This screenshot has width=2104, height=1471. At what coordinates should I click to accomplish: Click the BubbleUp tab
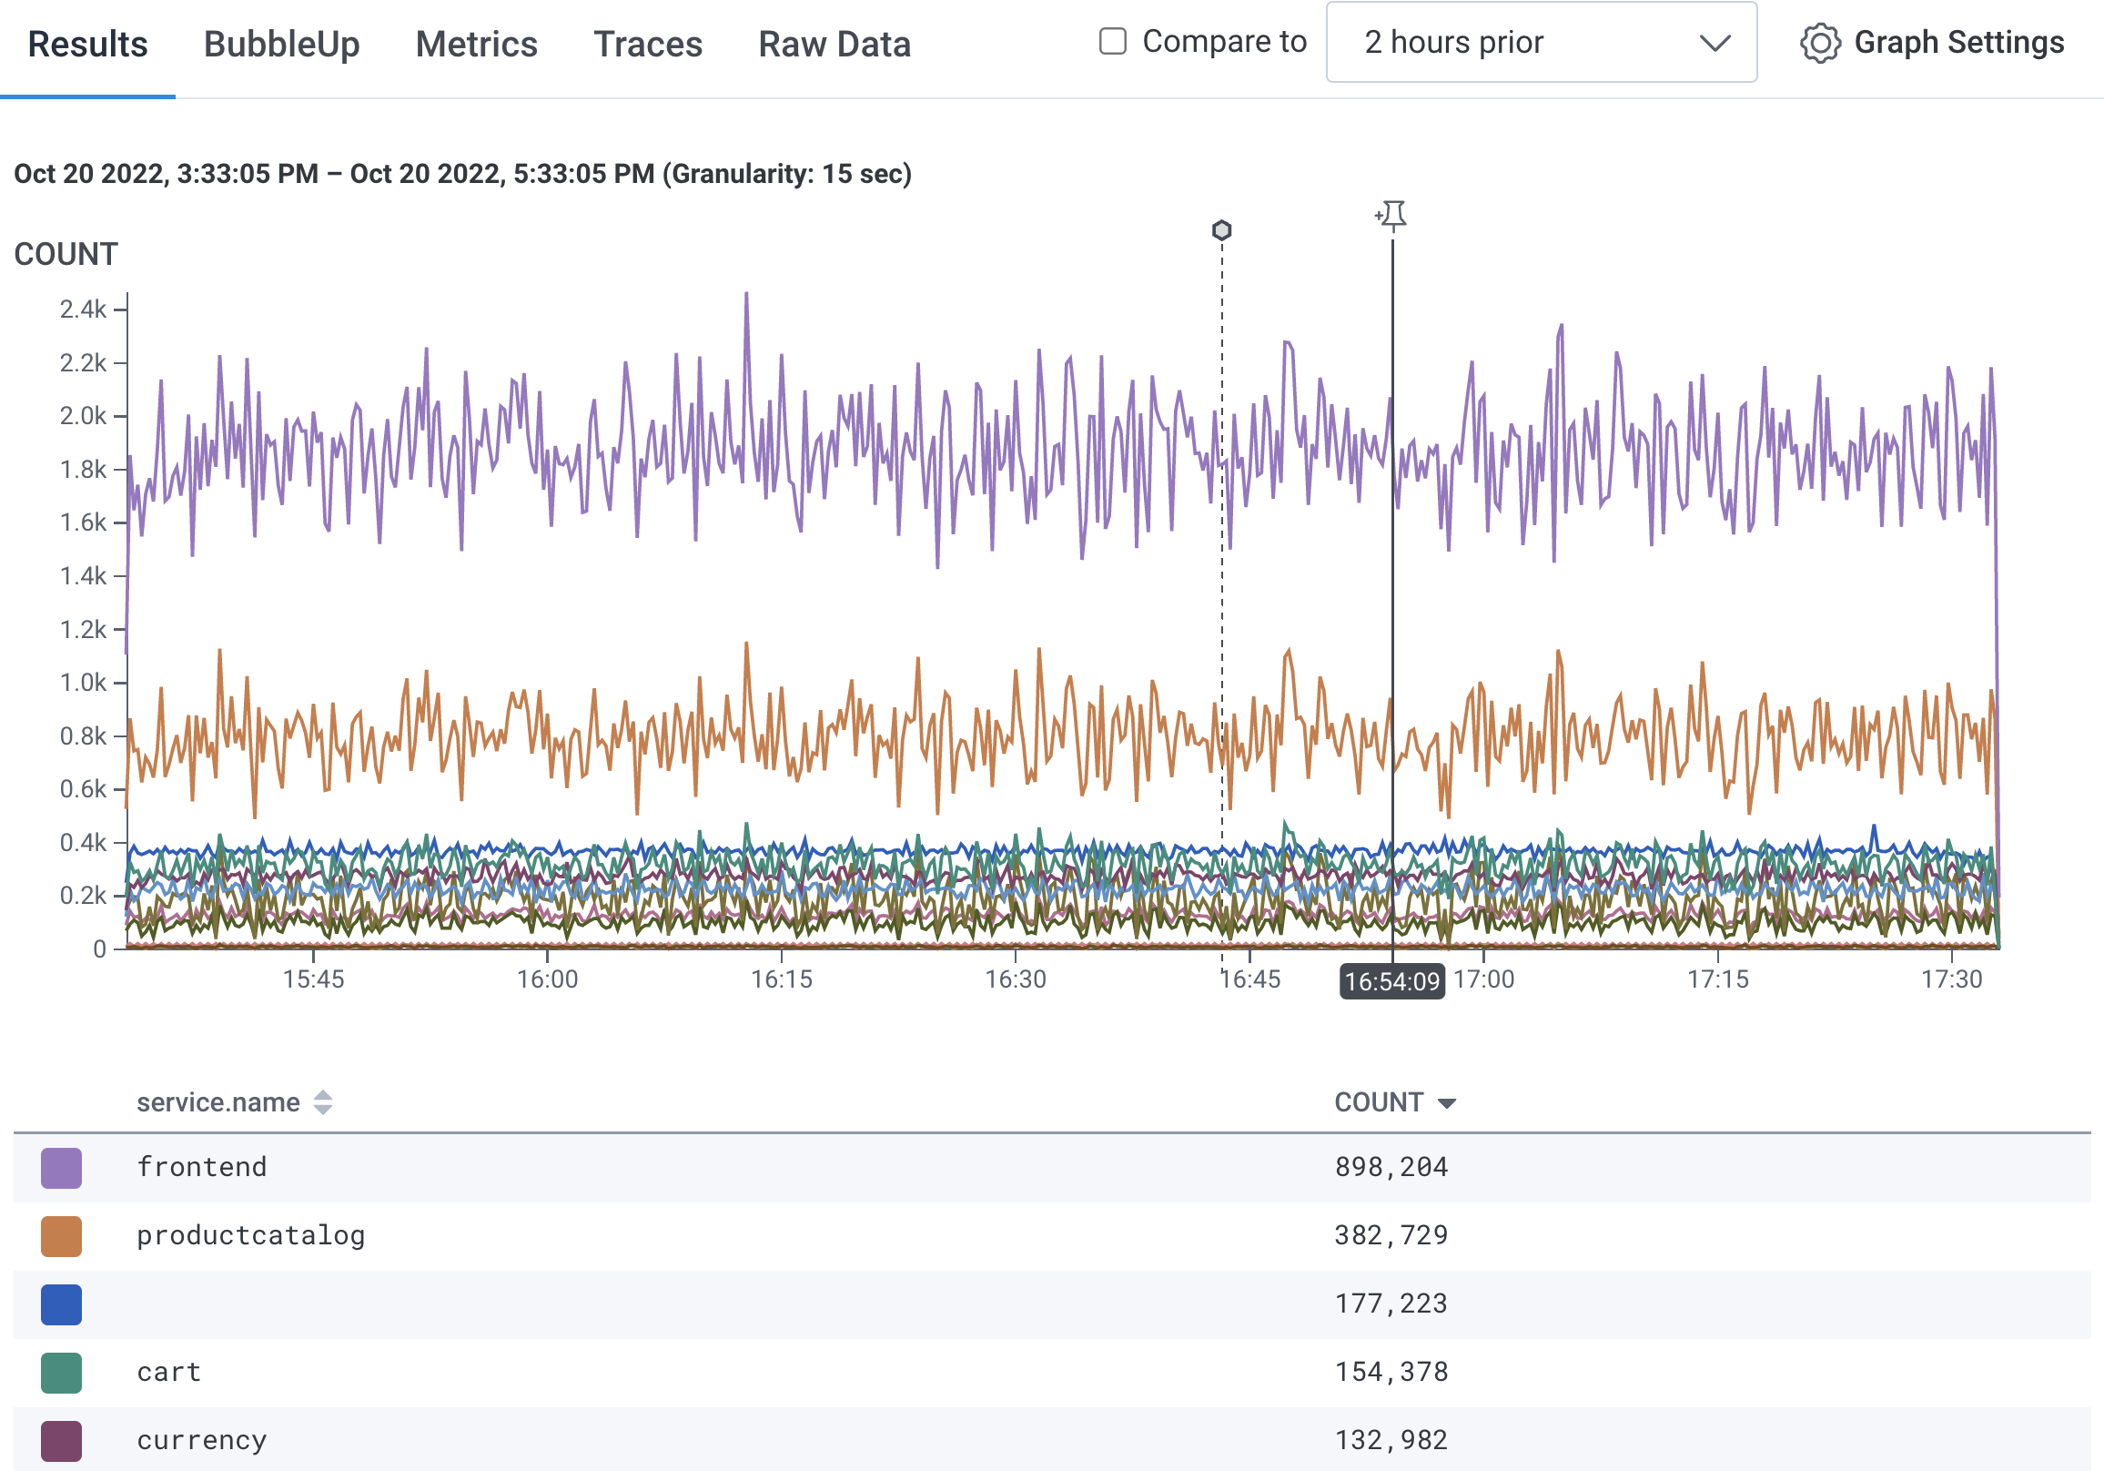coord(281,44)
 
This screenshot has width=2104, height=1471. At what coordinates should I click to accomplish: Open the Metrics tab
coord(476,44)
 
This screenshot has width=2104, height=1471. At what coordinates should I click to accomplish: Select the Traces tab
coord(647,44)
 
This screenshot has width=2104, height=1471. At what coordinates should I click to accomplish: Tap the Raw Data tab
coord(834,44)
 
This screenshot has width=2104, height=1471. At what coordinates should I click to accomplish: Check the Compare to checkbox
coord(1111,41)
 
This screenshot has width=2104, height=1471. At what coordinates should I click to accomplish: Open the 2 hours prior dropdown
coord(1541,42)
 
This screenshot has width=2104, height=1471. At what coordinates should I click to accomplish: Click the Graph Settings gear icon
coord(1819,43)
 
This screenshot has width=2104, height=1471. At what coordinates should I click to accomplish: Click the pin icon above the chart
coord(1392,216)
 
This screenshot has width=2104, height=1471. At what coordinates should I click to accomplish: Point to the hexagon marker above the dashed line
coord(1220,230)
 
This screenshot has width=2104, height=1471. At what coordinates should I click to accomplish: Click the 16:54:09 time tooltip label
coord(1391,981)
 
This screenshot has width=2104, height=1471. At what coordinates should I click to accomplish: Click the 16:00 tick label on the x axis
coord(547,979)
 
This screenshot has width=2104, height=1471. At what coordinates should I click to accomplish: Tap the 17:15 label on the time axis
coord(1717,979)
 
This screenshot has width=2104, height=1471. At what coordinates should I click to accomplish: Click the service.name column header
coord(218,1101)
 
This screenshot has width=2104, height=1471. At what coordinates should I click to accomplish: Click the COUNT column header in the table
coord(1378,1101)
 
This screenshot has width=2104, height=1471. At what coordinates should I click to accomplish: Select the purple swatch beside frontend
coord(61,1168)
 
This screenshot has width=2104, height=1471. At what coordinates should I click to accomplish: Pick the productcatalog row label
coord(250,1235)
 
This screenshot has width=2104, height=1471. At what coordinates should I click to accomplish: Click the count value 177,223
coord(1391,1304)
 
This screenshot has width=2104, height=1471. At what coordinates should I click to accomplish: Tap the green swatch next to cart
coord(61,1372)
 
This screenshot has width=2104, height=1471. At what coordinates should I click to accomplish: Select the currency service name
coord(202,1440)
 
